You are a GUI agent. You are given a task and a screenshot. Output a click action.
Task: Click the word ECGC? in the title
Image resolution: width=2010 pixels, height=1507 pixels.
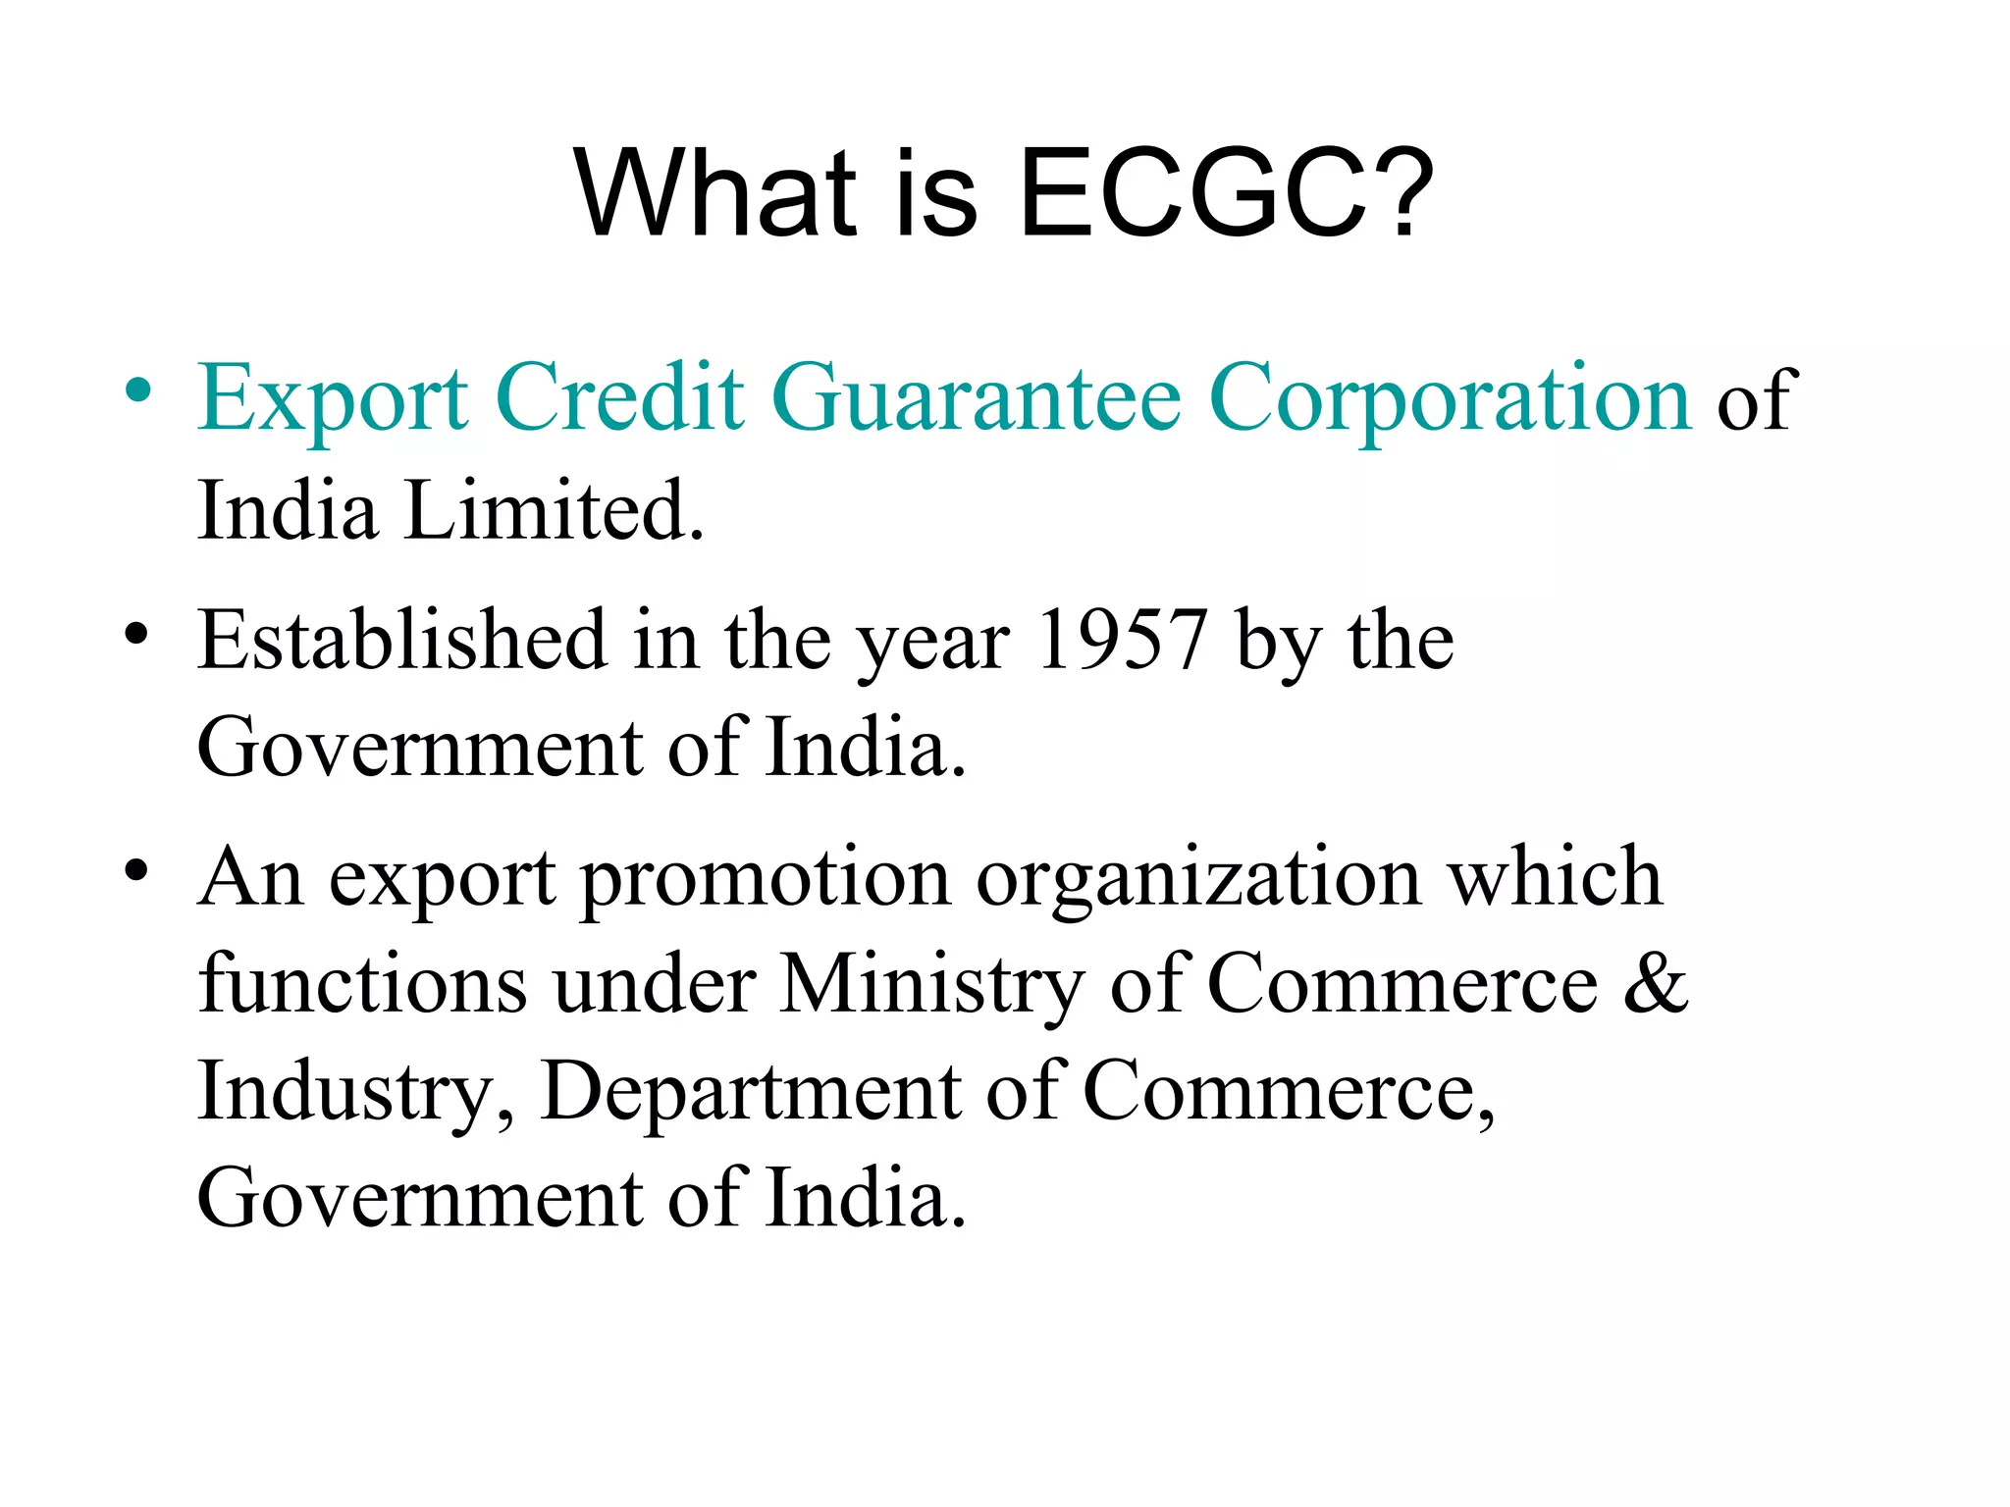(1227, 193)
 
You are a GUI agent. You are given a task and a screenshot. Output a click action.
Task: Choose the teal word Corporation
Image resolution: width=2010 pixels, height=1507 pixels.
(1451, 399)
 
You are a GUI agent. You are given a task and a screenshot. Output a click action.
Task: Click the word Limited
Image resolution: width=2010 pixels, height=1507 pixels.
(555, 511)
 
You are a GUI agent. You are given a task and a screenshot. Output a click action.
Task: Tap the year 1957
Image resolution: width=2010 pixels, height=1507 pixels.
(1122, 641)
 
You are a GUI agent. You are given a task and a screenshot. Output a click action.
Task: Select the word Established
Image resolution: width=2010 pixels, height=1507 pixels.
(402, 641)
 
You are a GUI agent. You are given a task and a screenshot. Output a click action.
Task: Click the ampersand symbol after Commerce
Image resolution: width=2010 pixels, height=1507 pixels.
(1657, 984)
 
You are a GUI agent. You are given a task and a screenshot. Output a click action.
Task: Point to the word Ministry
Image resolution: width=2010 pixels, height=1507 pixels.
(932, 984)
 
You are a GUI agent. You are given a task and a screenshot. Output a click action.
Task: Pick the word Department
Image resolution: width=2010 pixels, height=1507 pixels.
(751, 1092)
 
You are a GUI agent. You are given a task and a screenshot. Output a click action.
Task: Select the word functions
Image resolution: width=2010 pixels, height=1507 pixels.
(362, 984)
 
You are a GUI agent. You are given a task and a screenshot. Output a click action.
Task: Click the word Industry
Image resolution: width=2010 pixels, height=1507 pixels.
(356, 1092)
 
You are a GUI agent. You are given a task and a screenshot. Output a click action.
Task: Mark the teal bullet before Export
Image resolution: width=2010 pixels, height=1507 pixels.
(137, 391)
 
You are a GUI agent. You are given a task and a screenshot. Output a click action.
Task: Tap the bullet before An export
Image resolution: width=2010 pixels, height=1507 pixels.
(137, 870)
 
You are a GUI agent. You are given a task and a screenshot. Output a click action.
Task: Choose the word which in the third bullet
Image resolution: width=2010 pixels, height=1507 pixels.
(1556, 876)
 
